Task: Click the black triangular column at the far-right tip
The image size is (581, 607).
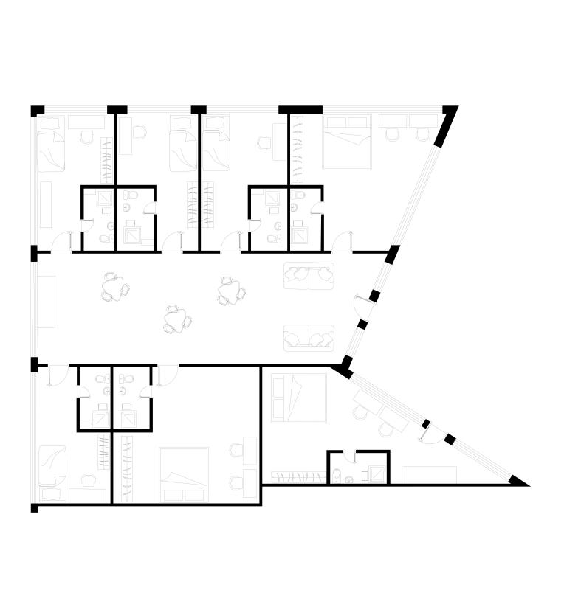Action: coord(519,481)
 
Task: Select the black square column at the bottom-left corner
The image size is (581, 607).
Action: coord(34,508)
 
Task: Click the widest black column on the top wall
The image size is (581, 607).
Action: coord(300,110)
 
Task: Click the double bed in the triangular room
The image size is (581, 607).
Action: coord(298,398)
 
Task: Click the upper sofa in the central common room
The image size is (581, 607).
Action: coord(309,276)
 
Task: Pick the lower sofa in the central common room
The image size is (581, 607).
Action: coord(309,338)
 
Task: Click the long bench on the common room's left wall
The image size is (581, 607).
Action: coord(47,301)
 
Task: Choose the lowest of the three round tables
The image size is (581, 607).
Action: coord(176,318)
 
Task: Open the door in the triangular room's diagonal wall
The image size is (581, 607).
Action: coord(431,435)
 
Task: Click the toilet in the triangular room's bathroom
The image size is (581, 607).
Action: coord(337,476)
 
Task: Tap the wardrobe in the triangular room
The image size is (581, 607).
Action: coord(298,476)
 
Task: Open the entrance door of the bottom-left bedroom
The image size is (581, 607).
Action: coord(55,375)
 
